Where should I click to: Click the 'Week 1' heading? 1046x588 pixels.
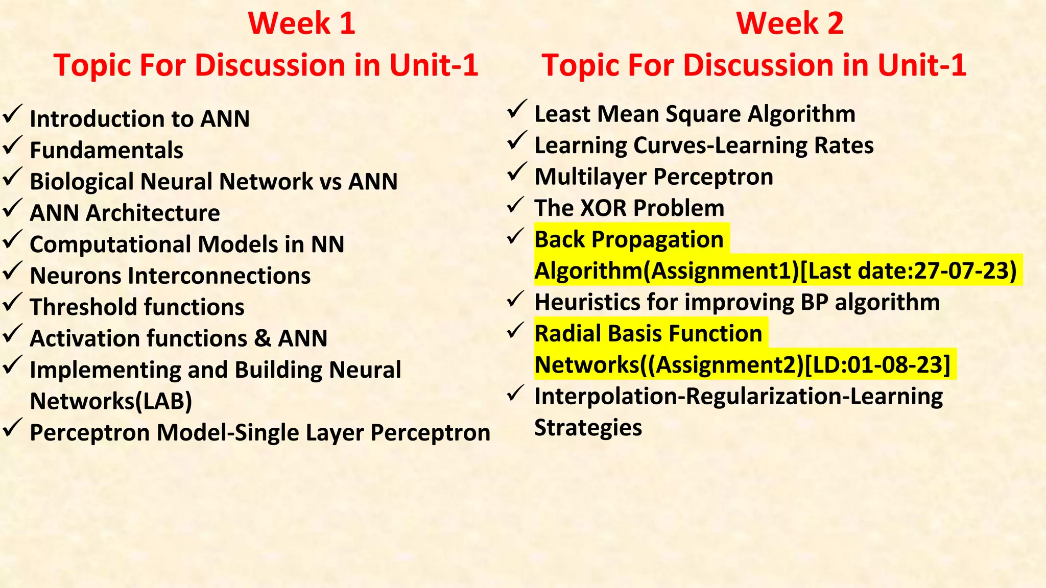tap(301, 24)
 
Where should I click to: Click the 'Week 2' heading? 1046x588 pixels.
tap(790, 24)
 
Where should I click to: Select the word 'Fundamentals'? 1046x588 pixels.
tap(106, 151)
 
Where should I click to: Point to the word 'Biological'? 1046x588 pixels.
tap(82, 182)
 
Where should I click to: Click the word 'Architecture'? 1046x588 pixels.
tap(153, 213)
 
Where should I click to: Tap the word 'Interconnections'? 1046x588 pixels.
tap(219, 276)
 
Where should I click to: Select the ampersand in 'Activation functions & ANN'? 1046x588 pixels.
tap(262, 338)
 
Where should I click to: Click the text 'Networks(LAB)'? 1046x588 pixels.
tap(111, 401)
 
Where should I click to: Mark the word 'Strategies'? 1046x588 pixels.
tap(588, 428)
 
